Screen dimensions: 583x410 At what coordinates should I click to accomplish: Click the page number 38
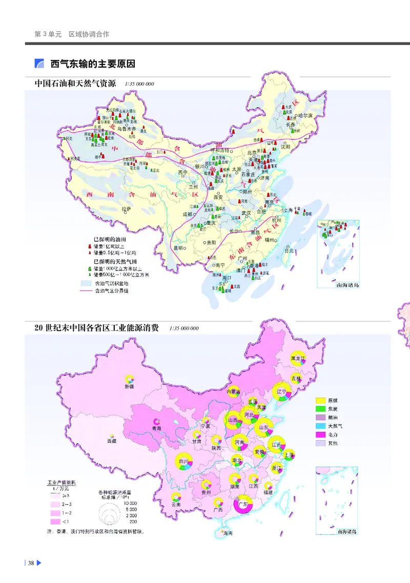coord(31,563)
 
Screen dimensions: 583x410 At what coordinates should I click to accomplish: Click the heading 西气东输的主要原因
coord(93,64)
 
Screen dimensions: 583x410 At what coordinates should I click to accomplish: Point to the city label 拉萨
coord(126,209)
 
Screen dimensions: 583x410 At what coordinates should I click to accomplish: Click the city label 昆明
coord(178,248)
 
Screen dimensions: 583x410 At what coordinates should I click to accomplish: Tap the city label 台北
coord(290,251)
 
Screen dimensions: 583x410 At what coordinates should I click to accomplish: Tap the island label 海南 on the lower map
coord(228,533)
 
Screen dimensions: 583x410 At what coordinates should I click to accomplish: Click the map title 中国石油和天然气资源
coord(75,83)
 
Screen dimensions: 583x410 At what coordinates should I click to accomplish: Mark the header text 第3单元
coord(48,34)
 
